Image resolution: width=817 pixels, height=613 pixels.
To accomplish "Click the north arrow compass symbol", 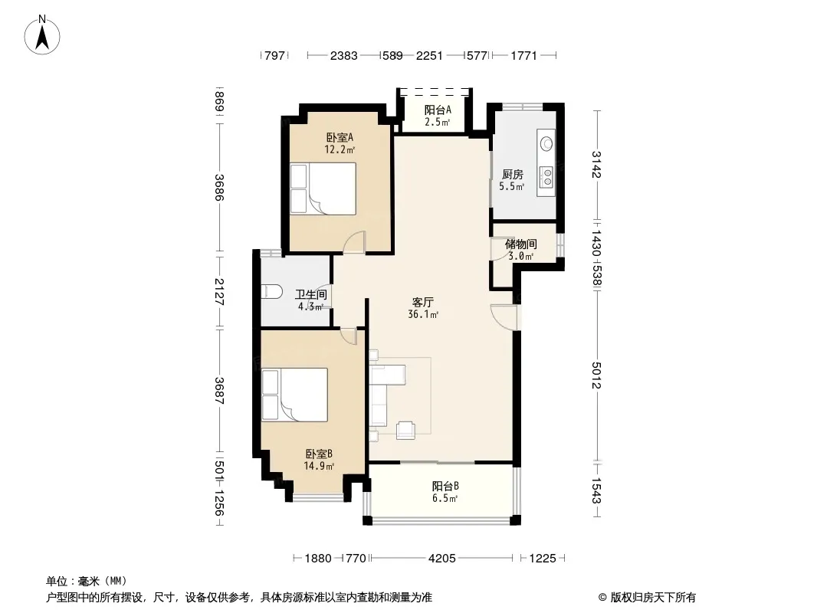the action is pyautogui.click(x=42, y=35).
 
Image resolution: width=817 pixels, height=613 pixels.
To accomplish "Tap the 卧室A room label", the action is pyautogui.click(x=340, y=137).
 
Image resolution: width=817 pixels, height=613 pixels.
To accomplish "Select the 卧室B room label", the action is pyautogui.click(x=319, y=454).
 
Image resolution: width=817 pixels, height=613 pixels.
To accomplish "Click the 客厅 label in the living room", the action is pyautogui.click(x=422, y=302).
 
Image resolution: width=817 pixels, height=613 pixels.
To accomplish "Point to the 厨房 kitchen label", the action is pyautogui.click(x=512, y=175).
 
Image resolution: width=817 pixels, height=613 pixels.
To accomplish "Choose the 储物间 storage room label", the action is pyautogui.click(x=520, y=244).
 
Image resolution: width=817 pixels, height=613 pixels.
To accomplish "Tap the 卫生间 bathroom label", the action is pyautogui.click(x=311, y=294).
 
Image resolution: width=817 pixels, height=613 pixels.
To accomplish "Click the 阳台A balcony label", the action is pyautogui.click(x=437, y=110).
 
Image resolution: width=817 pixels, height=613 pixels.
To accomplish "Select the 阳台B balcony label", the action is pyautogui.click(x=445, y=486).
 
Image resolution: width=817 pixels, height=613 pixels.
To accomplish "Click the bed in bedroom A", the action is pyautogui.click(x=323, y=188).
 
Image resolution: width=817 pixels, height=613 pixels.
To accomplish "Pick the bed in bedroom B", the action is pyautogui.click(x=295, y=395).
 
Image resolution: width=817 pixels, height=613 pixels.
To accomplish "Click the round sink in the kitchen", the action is pyautogui.click(x=546, y=143).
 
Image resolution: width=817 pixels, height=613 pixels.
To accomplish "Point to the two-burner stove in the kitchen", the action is pyautogui.click(x=546, y=176).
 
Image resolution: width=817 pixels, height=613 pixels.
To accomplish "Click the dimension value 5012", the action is pyautogui.click(x=596, y=375).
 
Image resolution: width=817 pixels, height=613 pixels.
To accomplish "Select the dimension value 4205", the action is pyautogui.click(x=442, y=559).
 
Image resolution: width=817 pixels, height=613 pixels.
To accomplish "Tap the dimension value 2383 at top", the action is pyautogui.click(x=344, y=55).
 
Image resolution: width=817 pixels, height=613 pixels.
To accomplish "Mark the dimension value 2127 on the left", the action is pyautogui.click(x=219, y=292).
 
